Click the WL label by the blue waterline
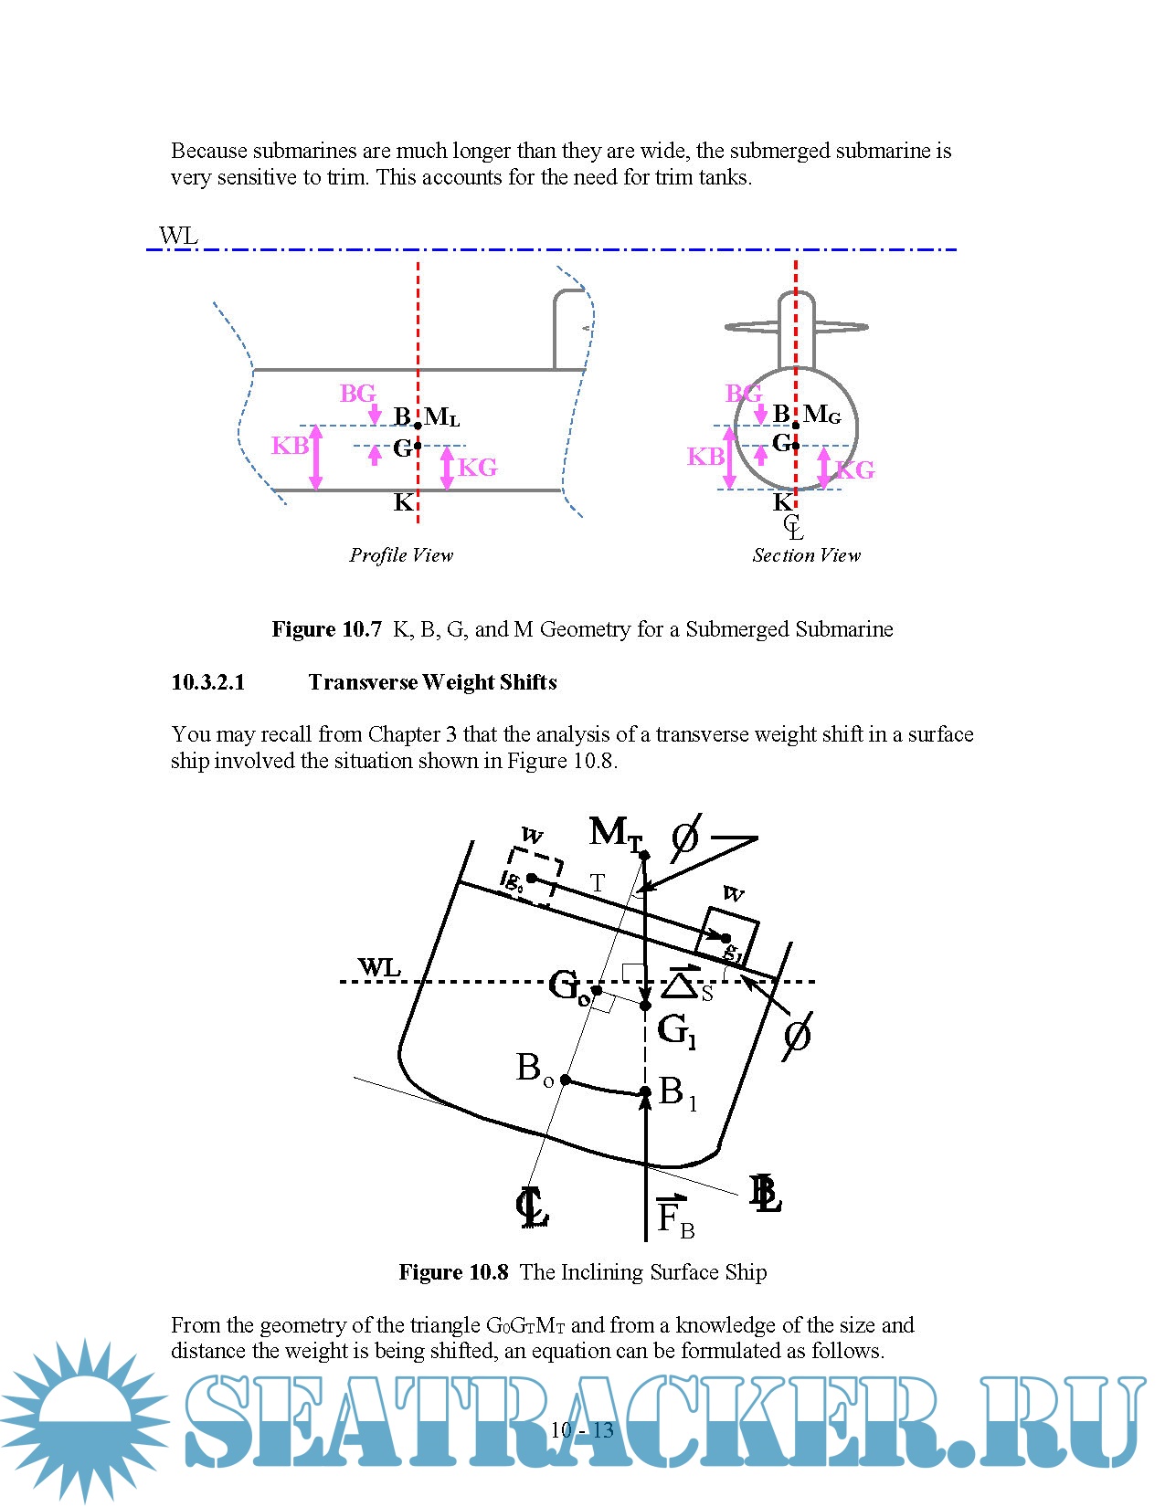178,236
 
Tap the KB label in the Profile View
290,446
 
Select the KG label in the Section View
856,470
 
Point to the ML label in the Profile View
442,417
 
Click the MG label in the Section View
821,415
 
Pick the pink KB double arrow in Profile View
316,458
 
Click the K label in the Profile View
403,502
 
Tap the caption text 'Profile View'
401,555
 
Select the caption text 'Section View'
806,555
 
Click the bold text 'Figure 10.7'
326,629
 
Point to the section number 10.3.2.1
208,682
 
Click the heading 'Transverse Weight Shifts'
432,682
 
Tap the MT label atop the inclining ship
615,833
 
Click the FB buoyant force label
674,1217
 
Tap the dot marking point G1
645,1006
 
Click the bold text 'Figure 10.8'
453,1272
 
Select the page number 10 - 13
582,1430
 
